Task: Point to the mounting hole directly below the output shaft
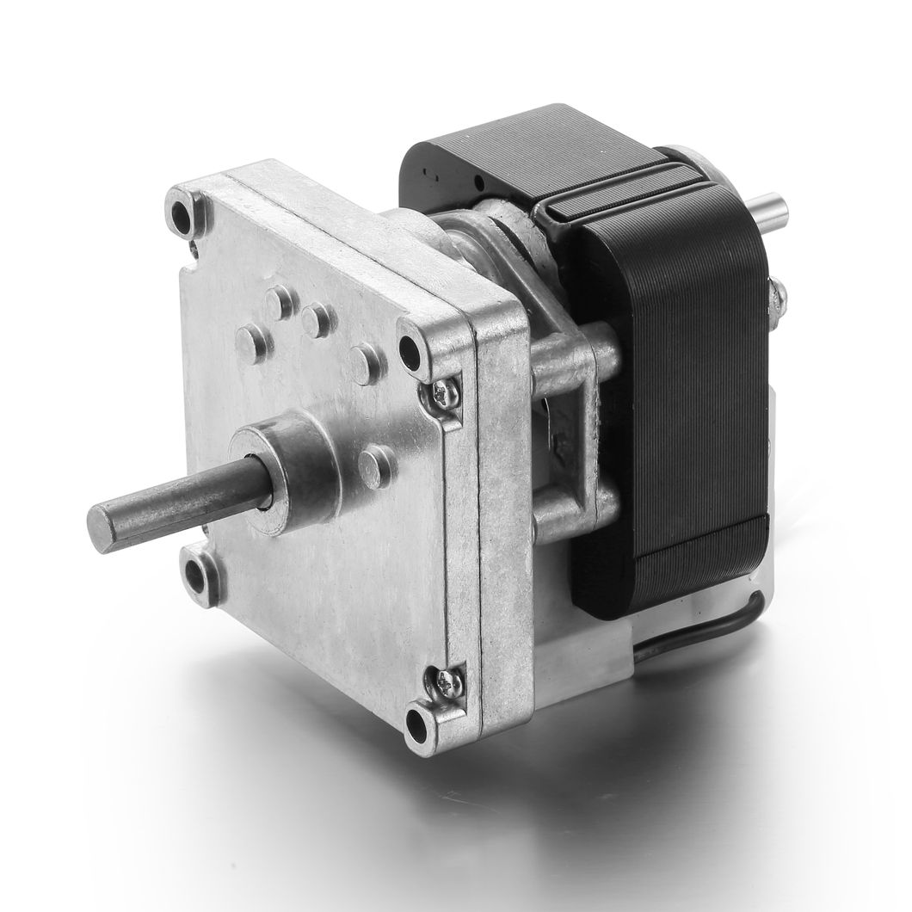[x=203, y=570]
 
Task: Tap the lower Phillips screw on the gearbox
[x=451, y=684]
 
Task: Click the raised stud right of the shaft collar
[x=375, y=465]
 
